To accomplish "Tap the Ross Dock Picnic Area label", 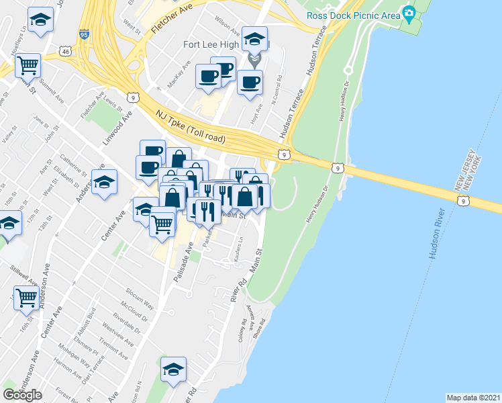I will click(352, 15).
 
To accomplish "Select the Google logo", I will click(23, 394).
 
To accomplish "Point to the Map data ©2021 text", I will click(473, 398).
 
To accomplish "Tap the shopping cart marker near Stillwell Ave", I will click(26, 297).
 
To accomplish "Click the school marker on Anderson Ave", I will click(104, 183).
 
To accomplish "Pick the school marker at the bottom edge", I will click(173, 369).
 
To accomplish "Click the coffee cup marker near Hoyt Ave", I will click(250, 83).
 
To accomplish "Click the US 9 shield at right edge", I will click(463, 200).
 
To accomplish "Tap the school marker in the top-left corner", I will click(41, 20).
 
